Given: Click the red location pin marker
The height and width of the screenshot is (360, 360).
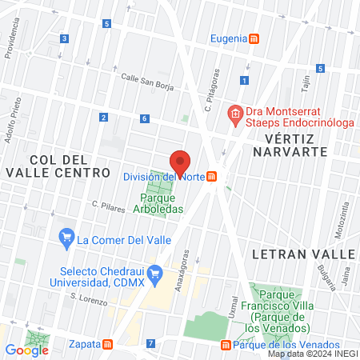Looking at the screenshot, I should pyautogui.click(x=180, y=162).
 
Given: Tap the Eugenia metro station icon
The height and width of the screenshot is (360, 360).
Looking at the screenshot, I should pyautogui.click(x=254, y=38).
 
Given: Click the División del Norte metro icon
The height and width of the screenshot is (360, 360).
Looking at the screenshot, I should pyautogui.click(x=213, y=177).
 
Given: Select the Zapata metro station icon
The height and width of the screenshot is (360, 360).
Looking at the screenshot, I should pyautogui.click(x=107, y=344).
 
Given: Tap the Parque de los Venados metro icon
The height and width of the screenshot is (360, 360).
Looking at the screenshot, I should pyautogui.click(x=226, y=345).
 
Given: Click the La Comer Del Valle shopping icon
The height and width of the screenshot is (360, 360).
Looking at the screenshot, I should pyautogui.click(x=66, y=238).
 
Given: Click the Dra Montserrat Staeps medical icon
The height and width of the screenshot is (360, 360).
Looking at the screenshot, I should pyautogui.click(x=235, y=114).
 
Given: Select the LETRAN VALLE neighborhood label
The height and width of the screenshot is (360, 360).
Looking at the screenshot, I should pyautogui.click(x=302, y=254).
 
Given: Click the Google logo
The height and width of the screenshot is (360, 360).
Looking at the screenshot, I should pyautogui.click(x=26, y=350).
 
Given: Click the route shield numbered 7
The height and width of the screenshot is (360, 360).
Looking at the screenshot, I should pyautogui.click(x=150, y=344).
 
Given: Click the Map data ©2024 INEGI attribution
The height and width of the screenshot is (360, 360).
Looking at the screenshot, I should pyautogui.click(x=312, y=354).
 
